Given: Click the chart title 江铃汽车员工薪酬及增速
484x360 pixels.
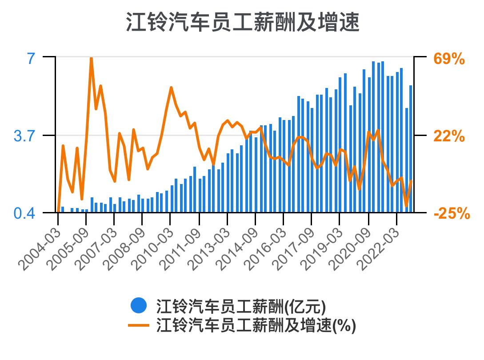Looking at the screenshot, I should pyautogui.click(x=242, y=22).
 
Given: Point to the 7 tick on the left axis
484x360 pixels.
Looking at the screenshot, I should pyautogui.click(x=31, y=58).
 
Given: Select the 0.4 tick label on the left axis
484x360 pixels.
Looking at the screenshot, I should pyautogui.click(x=24, y=213).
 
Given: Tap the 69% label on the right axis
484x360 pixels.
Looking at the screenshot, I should pyautogui.click(x=449, y=59).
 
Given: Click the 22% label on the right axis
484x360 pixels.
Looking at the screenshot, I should pyautogui.click(x=449, y=136).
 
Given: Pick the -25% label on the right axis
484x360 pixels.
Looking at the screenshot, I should pyautogui.click(x=452, y=214).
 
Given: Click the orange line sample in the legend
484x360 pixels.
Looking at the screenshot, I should pyautogui.click(x=139, y=326).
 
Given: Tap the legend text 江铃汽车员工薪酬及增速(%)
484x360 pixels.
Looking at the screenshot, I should pyautogui.click(x=256, y=326).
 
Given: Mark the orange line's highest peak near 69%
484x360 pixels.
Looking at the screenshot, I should pyautogui.click(x=91, y=58).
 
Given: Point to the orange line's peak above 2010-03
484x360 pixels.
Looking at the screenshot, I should pyautogui.click(x=171, y=88).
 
